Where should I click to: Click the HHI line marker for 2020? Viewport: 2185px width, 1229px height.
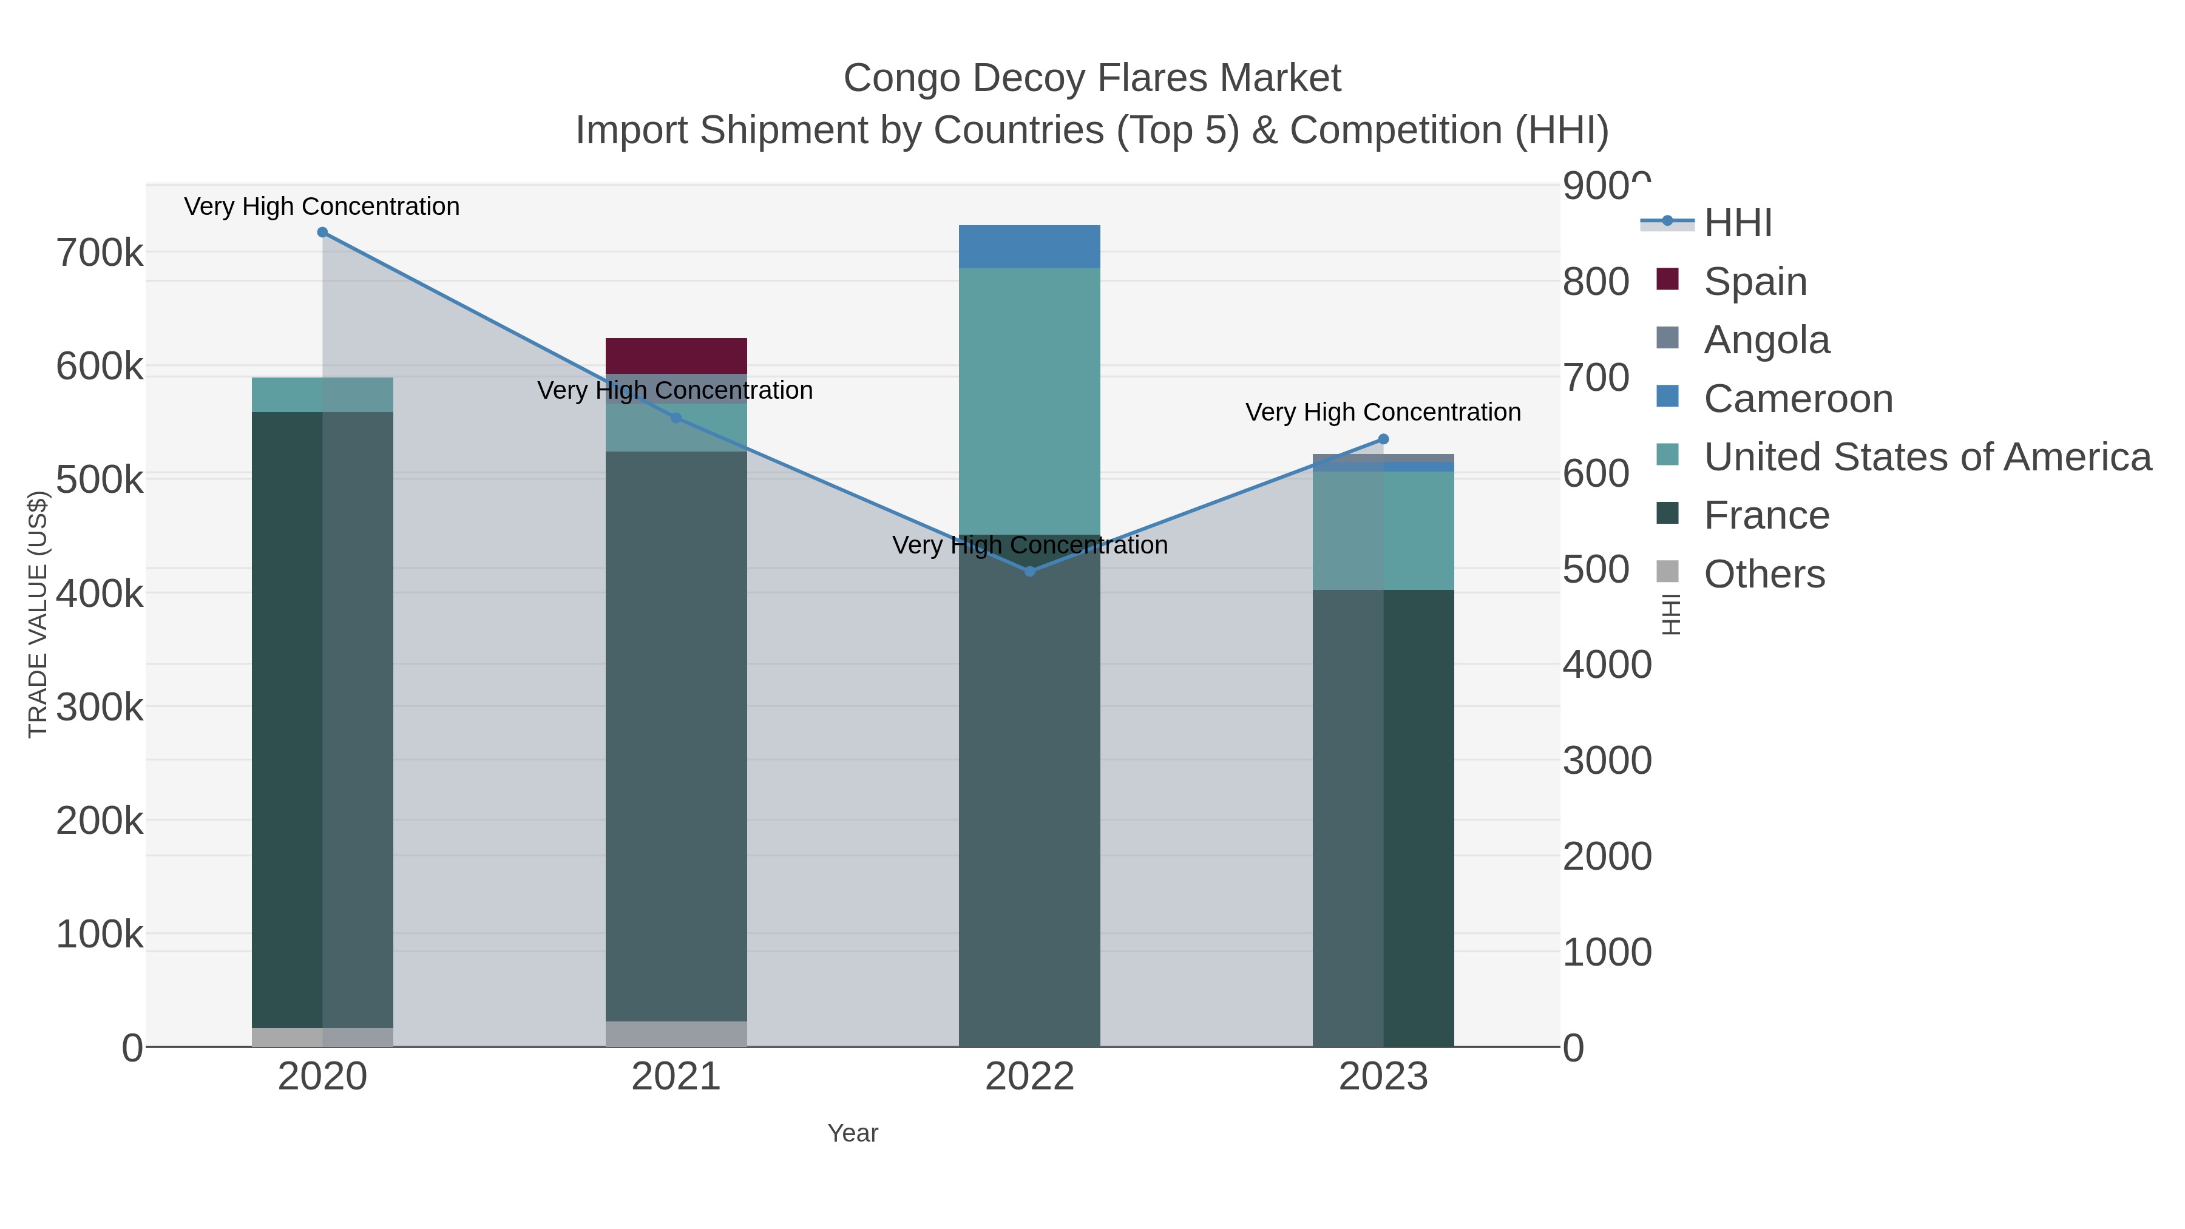322,232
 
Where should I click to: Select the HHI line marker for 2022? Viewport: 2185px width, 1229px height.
1030,572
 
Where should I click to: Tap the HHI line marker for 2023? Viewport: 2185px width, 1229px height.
1383,439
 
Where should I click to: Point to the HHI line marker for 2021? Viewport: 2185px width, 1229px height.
676,418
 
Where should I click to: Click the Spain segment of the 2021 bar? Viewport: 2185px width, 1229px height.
676,356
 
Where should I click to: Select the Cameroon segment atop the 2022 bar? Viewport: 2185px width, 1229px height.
1030,247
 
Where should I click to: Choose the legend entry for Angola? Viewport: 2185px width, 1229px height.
1766,340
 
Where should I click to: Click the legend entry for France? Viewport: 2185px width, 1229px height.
1766,516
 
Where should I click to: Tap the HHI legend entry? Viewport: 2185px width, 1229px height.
1737,223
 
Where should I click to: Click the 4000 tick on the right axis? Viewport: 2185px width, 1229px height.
1607,665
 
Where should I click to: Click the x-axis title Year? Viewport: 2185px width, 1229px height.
853,1133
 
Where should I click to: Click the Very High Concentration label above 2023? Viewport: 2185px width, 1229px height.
1383,412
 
